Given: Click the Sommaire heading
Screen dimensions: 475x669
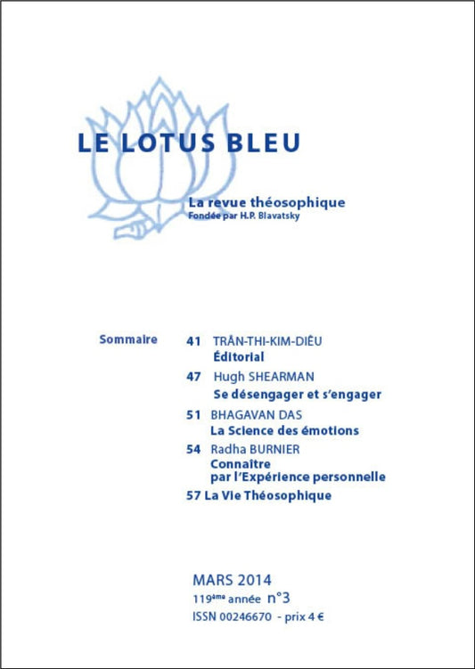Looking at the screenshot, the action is click(129, 339).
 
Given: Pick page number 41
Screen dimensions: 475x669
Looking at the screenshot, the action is click(193, 340).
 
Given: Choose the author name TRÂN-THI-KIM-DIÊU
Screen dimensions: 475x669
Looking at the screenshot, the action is click(267, 340).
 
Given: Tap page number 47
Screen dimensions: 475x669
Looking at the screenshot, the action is click(193, 376).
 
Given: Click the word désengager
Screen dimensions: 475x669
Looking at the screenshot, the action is click(266, 394).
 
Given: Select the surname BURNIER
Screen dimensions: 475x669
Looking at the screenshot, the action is click(279, 450).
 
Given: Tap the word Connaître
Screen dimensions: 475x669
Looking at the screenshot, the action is click(241, 464).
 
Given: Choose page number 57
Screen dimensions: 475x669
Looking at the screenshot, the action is click(192, 495).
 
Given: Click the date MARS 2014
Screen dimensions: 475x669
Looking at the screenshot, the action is click(232, 580).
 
